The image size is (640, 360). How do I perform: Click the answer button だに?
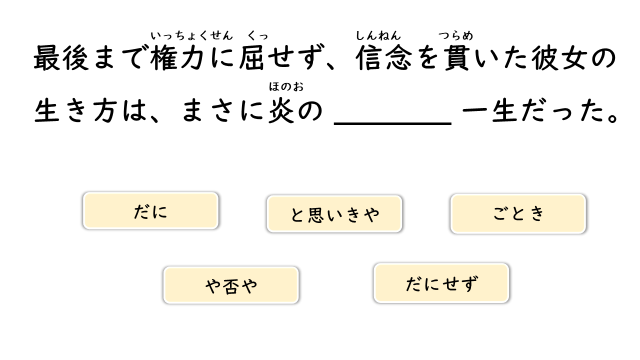click(150, 211)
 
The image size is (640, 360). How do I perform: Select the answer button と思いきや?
click(334, 214)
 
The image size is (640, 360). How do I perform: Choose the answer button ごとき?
click(518, 213)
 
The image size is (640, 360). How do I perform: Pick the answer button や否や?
click(231, 285)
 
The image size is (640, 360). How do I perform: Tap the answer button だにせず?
click(441, 283)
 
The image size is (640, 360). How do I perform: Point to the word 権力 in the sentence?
click(177, 58)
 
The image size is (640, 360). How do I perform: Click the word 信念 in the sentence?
click(384, 58)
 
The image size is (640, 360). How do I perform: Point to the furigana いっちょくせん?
click(191, 35)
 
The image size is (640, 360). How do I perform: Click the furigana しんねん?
click(378, 35)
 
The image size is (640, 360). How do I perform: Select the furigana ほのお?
click(286, 86)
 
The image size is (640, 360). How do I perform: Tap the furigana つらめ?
click(455, 35)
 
